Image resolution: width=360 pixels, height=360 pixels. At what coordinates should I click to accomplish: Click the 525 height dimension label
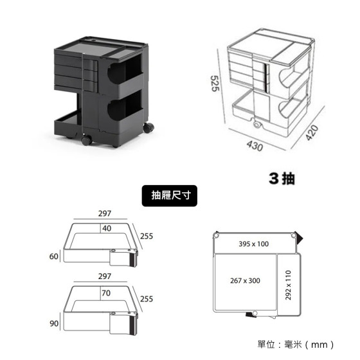coord(215,84)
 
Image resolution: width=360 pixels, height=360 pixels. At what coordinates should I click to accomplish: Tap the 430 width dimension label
coord(255,146)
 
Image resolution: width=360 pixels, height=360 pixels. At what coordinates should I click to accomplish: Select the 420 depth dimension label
coord(312,132)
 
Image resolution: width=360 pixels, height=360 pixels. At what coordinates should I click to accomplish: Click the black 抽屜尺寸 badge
coord(170,195)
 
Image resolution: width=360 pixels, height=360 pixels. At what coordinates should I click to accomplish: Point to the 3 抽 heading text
coord(282,178)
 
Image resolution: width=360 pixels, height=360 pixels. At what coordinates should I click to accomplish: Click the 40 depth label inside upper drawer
coord(107,228)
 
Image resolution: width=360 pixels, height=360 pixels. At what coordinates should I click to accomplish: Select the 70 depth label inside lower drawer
coord(106,293)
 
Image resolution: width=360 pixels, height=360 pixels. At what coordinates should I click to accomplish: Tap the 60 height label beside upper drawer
coord(54,256)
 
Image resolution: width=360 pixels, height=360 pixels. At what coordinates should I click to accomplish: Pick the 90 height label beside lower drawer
coord(54,323)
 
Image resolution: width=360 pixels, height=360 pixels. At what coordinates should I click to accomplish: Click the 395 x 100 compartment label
coord(254,244)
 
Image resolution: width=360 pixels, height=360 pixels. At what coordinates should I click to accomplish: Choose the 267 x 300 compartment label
coord(245,280)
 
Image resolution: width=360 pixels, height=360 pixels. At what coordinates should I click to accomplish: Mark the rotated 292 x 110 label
coord(289,285)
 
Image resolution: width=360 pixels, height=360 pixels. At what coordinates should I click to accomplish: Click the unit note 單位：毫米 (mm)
coord(296,345)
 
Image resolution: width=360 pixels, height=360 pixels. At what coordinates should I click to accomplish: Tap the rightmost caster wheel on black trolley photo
coord(148,128)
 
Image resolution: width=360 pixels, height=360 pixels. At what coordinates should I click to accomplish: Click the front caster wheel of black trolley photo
coord(87,140)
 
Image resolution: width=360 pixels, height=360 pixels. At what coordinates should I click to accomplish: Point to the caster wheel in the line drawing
coord(257,125)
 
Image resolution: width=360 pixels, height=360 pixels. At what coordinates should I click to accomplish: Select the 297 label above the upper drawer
coord(105,213)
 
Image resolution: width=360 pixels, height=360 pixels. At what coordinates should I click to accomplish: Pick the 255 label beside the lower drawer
coord(147,299)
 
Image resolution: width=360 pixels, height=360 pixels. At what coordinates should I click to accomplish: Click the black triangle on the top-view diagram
coord(299,238)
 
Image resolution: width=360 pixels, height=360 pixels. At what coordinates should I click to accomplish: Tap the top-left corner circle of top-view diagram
coord(215,236)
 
